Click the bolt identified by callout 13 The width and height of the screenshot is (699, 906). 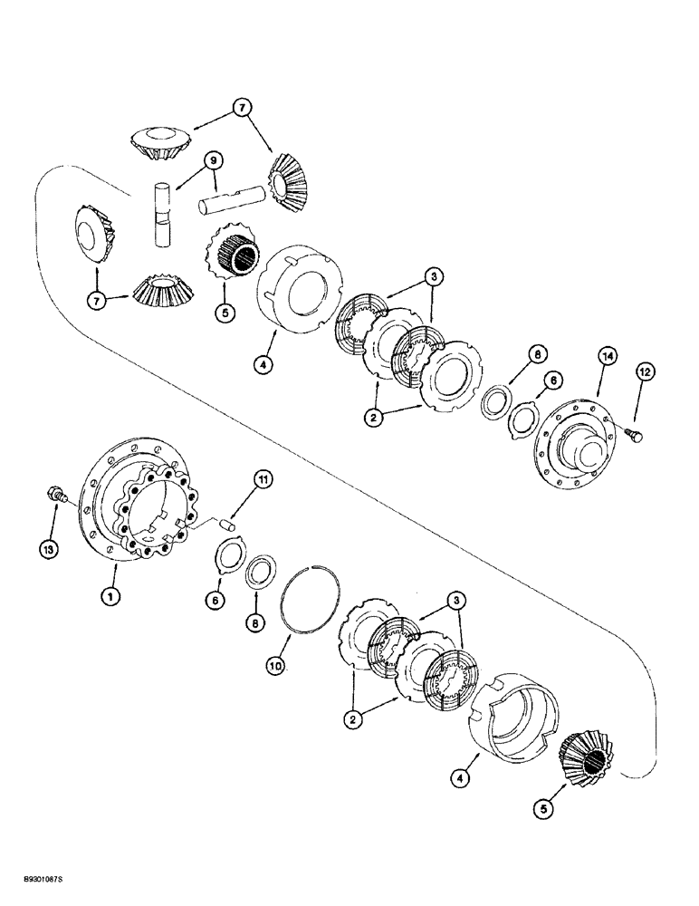pos(55,496)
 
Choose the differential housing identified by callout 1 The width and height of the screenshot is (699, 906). pos(136,507)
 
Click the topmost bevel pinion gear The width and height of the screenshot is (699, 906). pos(160,144)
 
